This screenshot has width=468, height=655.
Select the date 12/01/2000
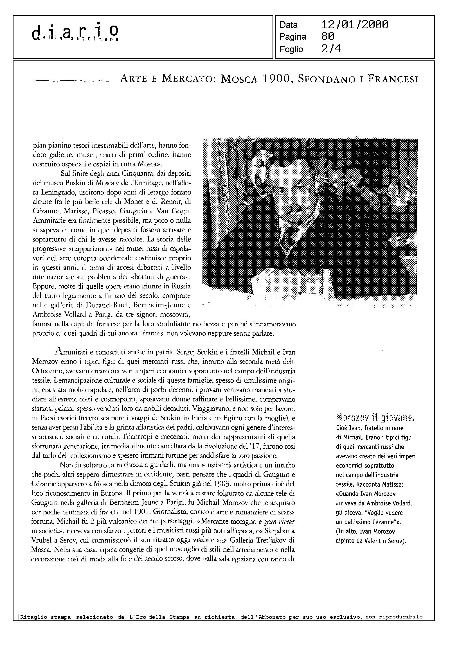click(354, 25)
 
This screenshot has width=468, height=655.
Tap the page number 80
click(328, 37)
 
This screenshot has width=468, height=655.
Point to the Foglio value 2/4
click(331, 49)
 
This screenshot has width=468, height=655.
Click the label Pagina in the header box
click(292, 37)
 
